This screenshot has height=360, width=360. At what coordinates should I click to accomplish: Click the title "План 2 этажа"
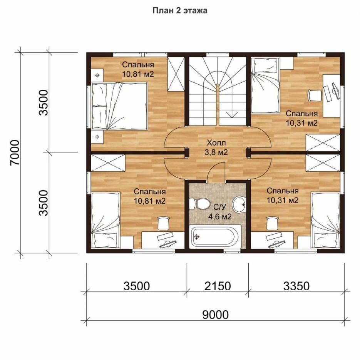[180, 10]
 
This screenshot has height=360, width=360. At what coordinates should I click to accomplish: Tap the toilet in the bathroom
[199, 204]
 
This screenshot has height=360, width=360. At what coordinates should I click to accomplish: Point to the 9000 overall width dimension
[215, 315]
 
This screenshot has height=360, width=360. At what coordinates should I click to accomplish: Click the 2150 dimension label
[218, 286]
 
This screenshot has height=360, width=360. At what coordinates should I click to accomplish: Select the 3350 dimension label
[296, 286]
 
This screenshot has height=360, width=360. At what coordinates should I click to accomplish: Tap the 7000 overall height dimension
[15, 152]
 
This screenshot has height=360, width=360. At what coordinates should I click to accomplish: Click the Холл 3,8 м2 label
[216, 147]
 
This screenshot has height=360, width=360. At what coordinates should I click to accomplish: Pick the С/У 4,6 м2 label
[220, 212]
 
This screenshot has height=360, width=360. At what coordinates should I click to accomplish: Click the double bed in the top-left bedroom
[119, 106]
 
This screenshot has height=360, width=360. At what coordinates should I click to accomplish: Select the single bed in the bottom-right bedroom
[325, 220]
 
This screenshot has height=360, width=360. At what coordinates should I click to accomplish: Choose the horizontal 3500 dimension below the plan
[136, 286]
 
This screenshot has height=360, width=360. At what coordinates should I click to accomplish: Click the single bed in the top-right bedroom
[265, 85]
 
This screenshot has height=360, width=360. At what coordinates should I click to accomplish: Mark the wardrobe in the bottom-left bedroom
[108, 163]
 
